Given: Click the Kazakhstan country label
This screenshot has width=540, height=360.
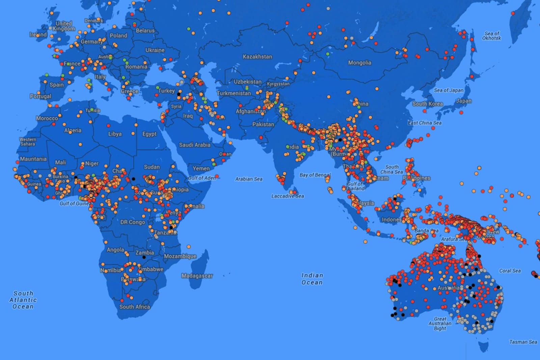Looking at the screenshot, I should click(257, 57).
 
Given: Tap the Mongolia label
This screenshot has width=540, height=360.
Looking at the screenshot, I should click(359, 63).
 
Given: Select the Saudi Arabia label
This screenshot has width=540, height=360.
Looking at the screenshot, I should click(194, 145).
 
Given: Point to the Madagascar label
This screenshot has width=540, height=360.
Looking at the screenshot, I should click(197, 276).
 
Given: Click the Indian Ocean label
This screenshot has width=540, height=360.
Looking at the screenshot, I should click(312, 279).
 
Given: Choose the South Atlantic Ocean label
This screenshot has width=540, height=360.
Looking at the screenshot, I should click(23, 300).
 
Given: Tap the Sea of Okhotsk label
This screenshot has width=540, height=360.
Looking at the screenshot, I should click(491, 36).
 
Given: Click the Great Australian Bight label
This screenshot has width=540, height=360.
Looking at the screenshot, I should click(440, 324).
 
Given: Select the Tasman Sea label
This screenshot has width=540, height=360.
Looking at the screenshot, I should click(523, 342).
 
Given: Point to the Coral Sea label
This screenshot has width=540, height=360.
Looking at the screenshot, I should click(510, 271).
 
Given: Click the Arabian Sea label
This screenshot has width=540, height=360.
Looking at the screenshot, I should click(249, 179).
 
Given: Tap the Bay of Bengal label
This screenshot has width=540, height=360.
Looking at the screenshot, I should click(315, 175).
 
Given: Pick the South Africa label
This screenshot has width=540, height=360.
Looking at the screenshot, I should click(134, 307).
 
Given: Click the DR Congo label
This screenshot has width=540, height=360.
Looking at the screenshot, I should click(133, 222).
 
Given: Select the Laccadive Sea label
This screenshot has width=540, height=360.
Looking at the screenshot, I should click(288, 196).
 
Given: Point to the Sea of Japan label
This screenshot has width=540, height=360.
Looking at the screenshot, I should click(449, 90).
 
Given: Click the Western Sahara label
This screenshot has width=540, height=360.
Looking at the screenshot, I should click(28, 142).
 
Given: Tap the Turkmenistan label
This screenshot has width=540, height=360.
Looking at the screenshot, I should click(234, 93).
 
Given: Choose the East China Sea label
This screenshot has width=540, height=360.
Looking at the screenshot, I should click(425, 123).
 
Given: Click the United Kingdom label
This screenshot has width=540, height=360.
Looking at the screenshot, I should click(64, 26).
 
